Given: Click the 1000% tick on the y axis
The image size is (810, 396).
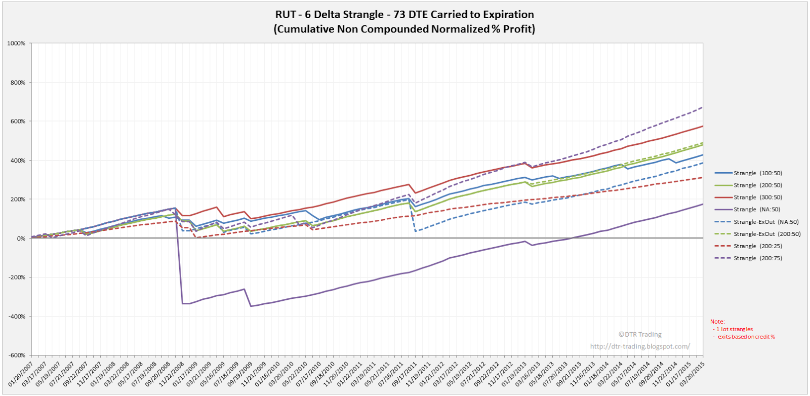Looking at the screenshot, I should (x=17, y=44).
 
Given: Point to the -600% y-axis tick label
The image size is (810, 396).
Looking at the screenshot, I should (x=16, y=355).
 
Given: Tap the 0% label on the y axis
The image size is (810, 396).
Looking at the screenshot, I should (x=20, y=239).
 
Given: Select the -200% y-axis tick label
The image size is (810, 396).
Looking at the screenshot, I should (x=16, y=278).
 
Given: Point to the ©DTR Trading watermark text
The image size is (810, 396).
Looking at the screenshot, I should (x=639, y=334).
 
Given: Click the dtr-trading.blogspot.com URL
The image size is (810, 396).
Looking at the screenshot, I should (x=639, y=346).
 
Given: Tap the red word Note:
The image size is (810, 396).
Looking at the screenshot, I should (x=717, y=322).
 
